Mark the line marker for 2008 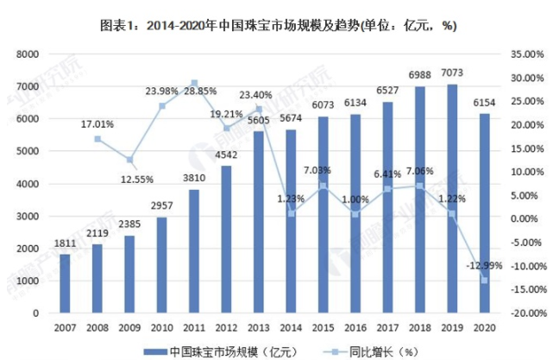point(97,139)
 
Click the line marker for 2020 point(484,280)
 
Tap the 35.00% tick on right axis point(526,54)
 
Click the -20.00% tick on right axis point(525,313)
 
